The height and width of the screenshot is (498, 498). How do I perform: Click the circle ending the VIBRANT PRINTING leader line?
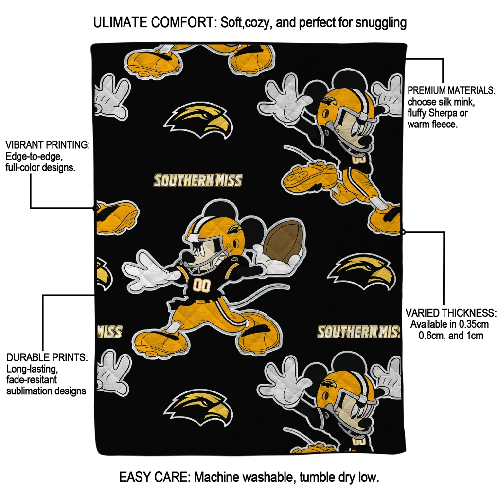[x=96, y=208]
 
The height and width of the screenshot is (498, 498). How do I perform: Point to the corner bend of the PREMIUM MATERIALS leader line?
[x=443, y=59]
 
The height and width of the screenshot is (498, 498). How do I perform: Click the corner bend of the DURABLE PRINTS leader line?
[x=43, y=295]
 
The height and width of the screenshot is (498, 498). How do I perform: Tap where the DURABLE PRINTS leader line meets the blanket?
[x=95, y=295]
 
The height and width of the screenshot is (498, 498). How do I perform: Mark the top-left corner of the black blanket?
[x=91, y=44]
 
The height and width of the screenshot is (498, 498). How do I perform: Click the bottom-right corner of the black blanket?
[x=406, y=454]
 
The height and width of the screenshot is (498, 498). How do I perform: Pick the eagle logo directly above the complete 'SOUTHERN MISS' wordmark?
[x=199, y=120]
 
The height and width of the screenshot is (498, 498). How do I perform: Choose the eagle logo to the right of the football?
[x=362, y=272]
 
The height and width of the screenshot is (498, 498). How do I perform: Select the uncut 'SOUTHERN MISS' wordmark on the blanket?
[x=198, y=180]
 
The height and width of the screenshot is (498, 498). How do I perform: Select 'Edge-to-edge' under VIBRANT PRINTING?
[x=33, y=156]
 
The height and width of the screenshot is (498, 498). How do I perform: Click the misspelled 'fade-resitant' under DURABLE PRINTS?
[x=32, y=380]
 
